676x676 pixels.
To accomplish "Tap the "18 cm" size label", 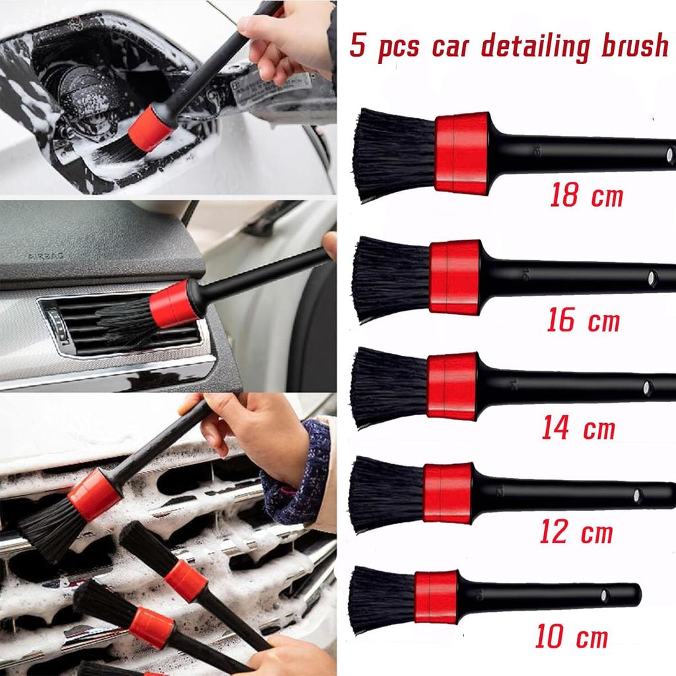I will click(586, 195).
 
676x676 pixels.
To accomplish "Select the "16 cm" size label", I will click(584, 321).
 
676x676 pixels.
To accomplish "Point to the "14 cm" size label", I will click(579, 428).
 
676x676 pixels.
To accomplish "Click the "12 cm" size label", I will click(576, 532).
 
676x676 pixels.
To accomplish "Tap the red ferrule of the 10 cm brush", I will click(436, 597).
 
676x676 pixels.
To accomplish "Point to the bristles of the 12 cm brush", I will click(386, 493).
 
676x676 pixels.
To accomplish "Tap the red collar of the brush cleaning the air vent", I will click(173, 304).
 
